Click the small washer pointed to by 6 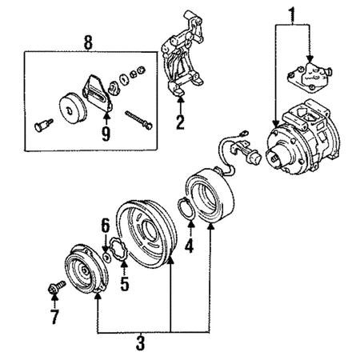click(107, 258)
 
